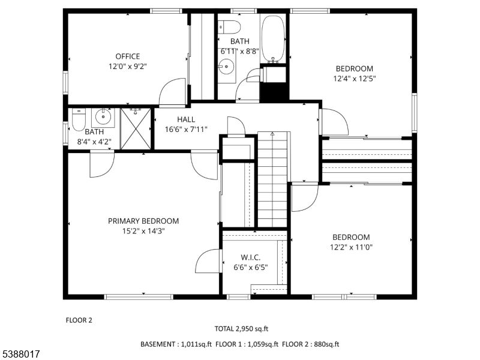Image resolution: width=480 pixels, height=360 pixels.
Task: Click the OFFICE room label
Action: pyautogui.click(x=128, y=56)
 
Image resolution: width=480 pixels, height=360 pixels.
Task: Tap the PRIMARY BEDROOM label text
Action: pyautogui.click(x=143, y=221)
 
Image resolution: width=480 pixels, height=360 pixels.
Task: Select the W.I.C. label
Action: pyautogui.click(x=251, y=257)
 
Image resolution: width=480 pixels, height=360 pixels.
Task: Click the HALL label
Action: pyautogui.click(x=186, y=119)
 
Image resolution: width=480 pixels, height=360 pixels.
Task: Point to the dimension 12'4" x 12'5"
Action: pyautogui.click(x=355, y=79)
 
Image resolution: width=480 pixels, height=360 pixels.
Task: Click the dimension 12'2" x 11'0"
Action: pyautogui.click(x=351, y=247)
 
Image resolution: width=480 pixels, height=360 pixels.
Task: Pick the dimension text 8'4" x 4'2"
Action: pyautogui.click(x=94, y=142)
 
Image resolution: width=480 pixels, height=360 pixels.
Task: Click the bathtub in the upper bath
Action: pyautogui.click(x=274, y=39)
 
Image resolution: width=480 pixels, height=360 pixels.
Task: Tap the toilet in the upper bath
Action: pyautogui.click(x=229, y=27)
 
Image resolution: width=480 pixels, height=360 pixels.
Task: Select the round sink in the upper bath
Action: pyautogui.click(x=227, y=66)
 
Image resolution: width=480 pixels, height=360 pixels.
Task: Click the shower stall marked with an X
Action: pyautogui.click(x=136, y=128)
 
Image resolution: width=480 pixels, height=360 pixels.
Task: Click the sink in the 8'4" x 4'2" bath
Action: pyautogui.click(x=103, y=116)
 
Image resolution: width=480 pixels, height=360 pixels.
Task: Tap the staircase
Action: pyautogui.click(x=272, y=179)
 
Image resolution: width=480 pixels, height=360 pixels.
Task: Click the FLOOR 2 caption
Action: pyautogui.click(x=79, y=320)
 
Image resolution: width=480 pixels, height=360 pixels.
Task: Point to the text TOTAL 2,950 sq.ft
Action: pyautogui.click(x=241, y=329)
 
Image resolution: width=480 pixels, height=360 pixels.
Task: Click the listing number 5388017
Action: pyautogui.click(x=20, y=354)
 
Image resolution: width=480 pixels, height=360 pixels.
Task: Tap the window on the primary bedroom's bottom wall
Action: pyautogui.click(x=139, y=296)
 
